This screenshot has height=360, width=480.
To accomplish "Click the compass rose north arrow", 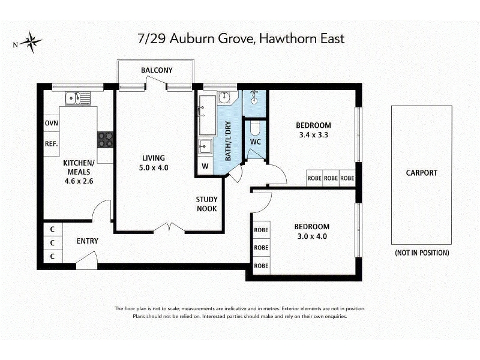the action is click(x=31, y=42).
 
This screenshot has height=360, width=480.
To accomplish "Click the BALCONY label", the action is click(x=157, y=70).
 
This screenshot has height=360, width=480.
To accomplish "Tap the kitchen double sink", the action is click(x=78, y=98).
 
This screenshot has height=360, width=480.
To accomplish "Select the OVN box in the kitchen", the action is click(x=52, y=123).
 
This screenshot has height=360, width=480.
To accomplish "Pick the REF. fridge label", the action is click(x=52, y=143).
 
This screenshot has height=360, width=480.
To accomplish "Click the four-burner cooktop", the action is click(x=106, y=140).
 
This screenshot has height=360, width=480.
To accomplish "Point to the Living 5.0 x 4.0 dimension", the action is click(x=154, y=168).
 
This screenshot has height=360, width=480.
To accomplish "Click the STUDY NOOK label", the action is click(x=206, y=204).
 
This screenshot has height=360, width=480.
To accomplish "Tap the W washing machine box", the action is click(x=205, y=166).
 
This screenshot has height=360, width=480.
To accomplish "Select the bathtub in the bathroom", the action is click(x=207, y=115).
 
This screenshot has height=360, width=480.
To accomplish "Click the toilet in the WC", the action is click(x=254, y=128).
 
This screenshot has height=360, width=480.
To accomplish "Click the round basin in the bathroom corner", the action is click(x=224, y=98).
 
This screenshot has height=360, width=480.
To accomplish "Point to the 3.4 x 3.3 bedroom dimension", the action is click(x=313, y=134).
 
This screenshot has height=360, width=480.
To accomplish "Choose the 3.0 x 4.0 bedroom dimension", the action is click(x=312, y=236).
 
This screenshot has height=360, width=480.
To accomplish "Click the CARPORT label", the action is click(x=422, y=173).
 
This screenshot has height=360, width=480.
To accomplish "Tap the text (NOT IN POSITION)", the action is click(x=422, y=253).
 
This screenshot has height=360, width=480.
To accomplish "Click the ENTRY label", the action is click(x=88, y=241).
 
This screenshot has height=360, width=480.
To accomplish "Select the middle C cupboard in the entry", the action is click(x=53, y=243).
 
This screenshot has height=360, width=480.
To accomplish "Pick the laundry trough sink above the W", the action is click(x=205, y=147).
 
